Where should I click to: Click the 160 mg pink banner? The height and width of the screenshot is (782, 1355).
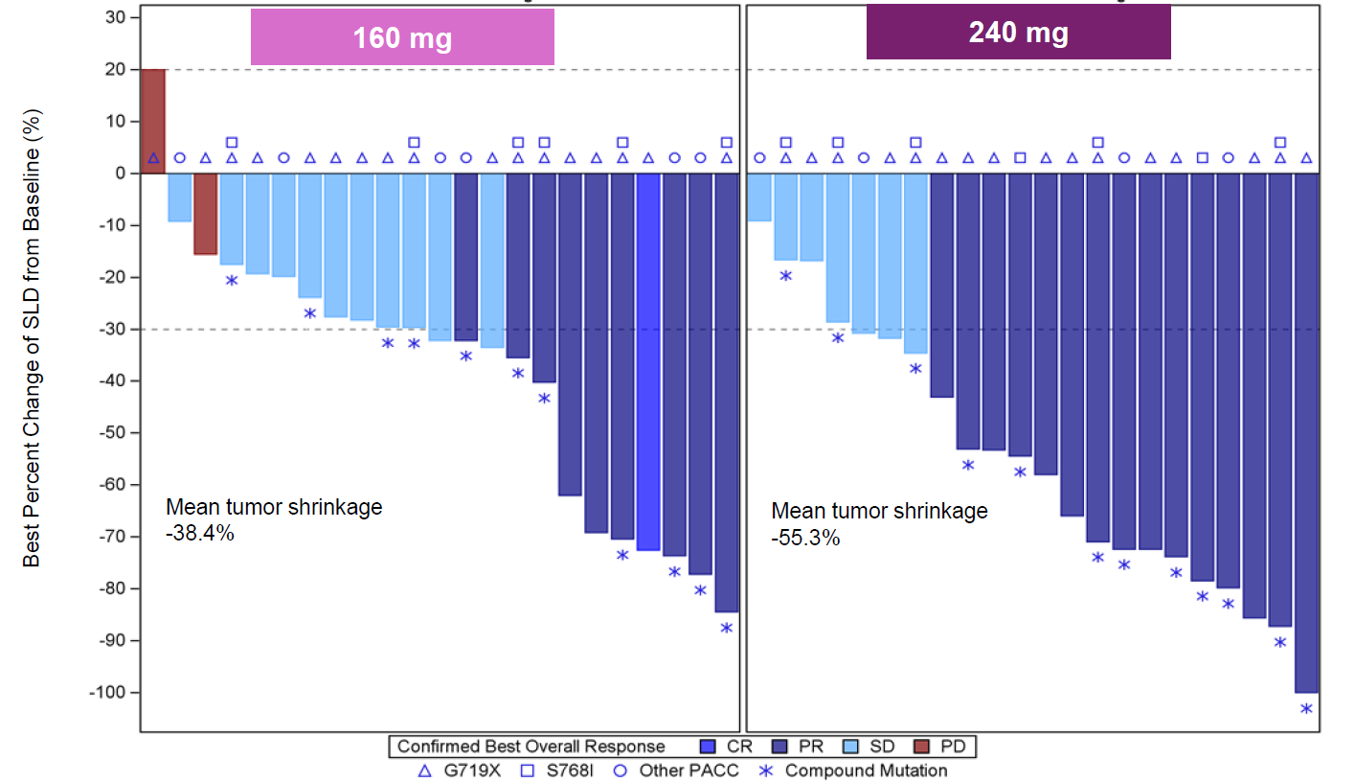(x=402, y=37)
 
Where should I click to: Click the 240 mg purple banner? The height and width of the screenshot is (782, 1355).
(x=1018, y=33)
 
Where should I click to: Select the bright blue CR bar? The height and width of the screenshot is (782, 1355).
(x=648, y=361)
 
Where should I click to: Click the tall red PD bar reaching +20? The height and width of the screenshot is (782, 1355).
(x=153, y=121)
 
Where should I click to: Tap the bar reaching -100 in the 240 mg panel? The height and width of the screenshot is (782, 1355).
(x=1306, y=432)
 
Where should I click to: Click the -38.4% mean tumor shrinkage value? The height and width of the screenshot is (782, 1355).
(x=200, y=534)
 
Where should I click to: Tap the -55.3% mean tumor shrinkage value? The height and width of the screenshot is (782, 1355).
(x=805, y=539)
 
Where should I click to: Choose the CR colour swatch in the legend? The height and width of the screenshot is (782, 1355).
(x=708, y=747)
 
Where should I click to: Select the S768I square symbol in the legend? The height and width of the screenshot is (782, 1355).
(x=526, y=770)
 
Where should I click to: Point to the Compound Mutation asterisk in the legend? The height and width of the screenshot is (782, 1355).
(x=766, y=770)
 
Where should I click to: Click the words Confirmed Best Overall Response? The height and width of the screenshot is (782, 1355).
(x=531, y=747)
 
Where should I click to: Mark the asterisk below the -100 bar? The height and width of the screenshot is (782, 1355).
(x=1306, y=709)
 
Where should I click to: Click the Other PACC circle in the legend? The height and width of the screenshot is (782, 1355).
(x=620, y=770)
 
